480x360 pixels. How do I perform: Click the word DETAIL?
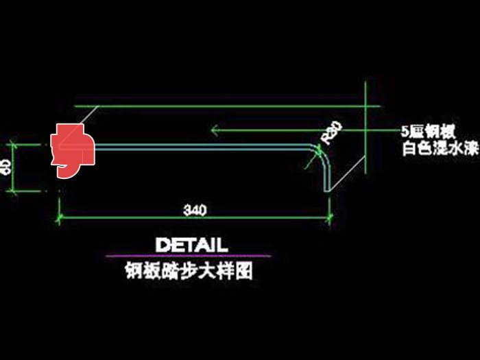(x=191, y=245)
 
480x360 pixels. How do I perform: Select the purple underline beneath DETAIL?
(x=188, y=256)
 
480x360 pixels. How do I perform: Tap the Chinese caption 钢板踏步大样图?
(x=188, y=272)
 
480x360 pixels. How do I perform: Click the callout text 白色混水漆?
(x=438, y=149)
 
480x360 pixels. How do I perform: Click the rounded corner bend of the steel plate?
(x=322, y=152)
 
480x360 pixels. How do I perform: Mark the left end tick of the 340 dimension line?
(x=59, y=218)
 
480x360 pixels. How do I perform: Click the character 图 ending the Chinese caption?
(x=245, y=272)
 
